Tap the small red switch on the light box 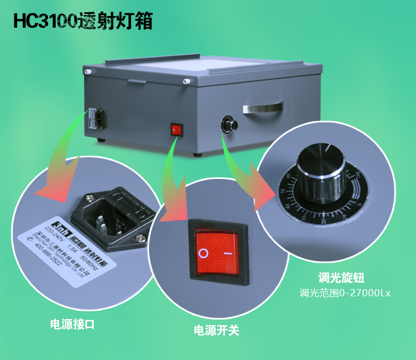tap(176, 130)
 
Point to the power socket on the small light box tap(92, 117)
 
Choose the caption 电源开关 tap(216, 331)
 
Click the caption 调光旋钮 tap(341, 278)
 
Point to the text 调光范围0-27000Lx tap(345, 293)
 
